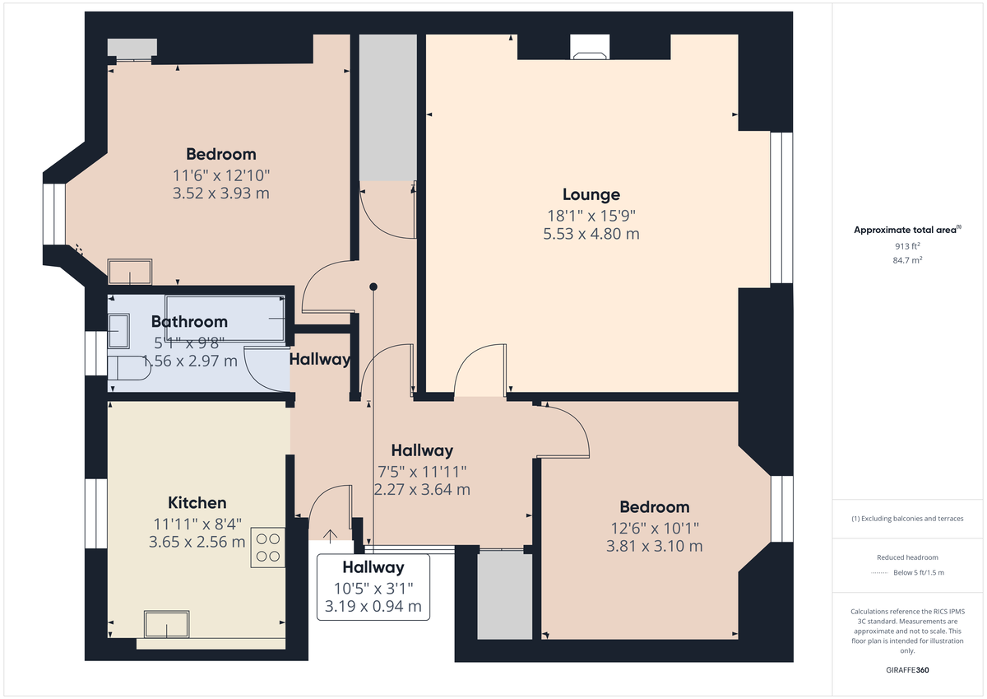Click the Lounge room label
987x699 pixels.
[x=591, y=195]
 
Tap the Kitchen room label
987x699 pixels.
[x=197, y=503]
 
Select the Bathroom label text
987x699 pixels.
[x=189, y=322]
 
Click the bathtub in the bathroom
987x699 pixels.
[x=225, y=317]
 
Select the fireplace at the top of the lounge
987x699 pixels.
[x=590, y=51]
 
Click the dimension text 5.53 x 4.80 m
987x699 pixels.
[x=591, y=234]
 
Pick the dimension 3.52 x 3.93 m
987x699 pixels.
[x=220, y=193]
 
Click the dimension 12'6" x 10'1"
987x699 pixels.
[x=655, y=528]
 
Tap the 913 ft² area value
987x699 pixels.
[x=906, y=246]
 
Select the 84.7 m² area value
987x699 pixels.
[x=906, y=259]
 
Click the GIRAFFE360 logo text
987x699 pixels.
[x=906, y=670]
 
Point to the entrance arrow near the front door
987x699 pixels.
[x=331, y=536]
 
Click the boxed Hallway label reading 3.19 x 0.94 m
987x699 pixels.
[x=373, y=587]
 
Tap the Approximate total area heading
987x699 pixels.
[x=906, y=231]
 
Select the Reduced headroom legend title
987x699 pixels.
[x=906, y=557]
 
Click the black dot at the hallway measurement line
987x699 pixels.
[x=373, y=287]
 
